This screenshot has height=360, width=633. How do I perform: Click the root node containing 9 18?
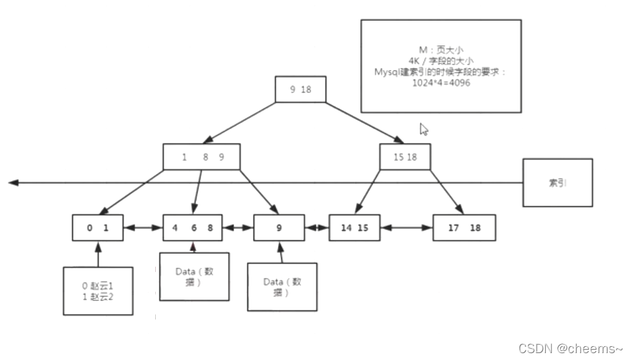(x=300, y=89)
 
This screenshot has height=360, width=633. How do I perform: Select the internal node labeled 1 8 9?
(x=203, y=157)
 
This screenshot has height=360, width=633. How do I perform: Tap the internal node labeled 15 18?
(x=405, y=157)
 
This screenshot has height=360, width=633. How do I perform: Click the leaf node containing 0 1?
(x=98, y=227)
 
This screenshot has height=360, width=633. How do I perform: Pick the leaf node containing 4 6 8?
(x=193, y=227)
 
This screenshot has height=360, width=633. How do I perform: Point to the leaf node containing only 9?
(x=279, y=227)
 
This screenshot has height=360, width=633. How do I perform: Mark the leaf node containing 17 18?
(x=463, y=227)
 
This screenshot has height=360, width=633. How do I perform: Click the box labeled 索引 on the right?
(x=557, y=183)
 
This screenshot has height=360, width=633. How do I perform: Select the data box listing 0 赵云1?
(x=97, y=291)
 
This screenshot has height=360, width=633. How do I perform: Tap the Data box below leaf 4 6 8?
(x=194, y=276)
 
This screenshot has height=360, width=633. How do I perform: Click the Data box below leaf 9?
(x=281, y=286)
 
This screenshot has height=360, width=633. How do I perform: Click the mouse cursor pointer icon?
(x=424, y=128)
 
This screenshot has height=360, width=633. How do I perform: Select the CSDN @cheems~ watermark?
(x=571, y=348)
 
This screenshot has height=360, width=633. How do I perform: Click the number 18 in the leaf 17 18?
(x=475, y=227)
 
